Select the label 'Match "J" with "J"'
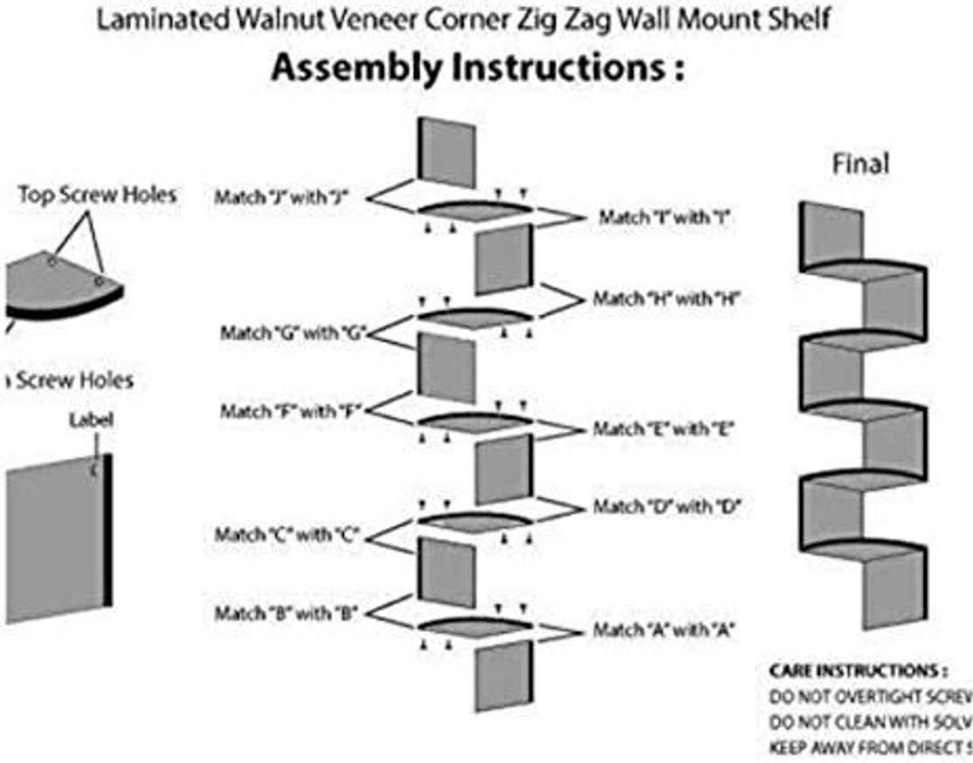pyautogui.click(x=282, y=198)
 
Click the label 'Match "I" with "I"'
pyautogui.click(x=664, y=218)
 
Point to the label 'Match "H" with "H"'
pyautogui.click(x=667, y=299)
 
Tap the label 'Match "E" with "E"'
pyautogui.click(x=664, y=430)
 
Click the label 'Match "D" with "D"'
pyautogui.click(x=667, y=506)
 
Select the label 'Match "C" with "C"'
pyautogui.click(x=287, y=535)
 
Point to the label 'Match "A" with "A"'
pyautogui.click(x=664, y=629)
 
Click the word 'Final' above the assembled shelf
pyautogui.click(x=860, y=163)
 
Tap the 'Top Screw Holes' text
pyautogui.click(x=97, y=195)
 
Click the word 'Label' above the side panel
pyautogui.click(x=91, y=420)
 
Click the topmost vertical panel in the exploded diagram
pyautogui.click(x=447, y=154)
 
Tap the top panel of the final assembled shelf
pyautogui.click(x=831, y=234)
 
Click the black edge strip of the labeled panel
pyautogui.click(x=107, y=532)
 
